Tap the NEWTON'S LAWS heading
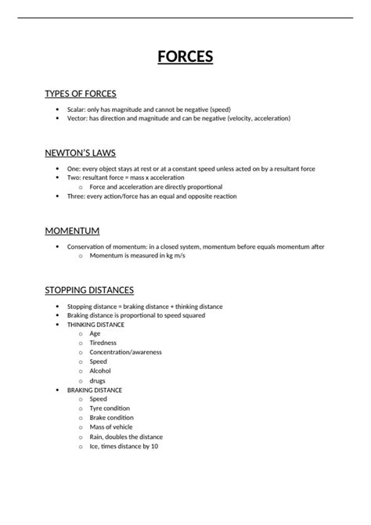tap(81, 153)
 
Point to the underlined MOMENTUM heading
tap(72, 231)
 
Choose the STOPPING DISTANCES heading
tap(89, 289)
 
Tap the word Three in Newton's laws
tap(76, 196)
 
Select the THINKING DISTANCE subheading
tap(95, 324)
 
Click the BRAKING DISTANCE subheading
tap(94, 390)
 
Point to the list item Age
tap(95, 333)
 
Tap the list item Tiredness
tap(103, 343)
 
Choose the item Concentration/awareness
tap(125, 352)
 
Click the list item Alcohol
tap(100, 371)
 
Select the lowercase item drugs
tap(98, 380)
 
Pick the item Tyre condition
tap(110, 408)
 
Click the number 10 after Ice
tap(154, 446)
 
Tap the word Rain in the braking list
tap(96, 437)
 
